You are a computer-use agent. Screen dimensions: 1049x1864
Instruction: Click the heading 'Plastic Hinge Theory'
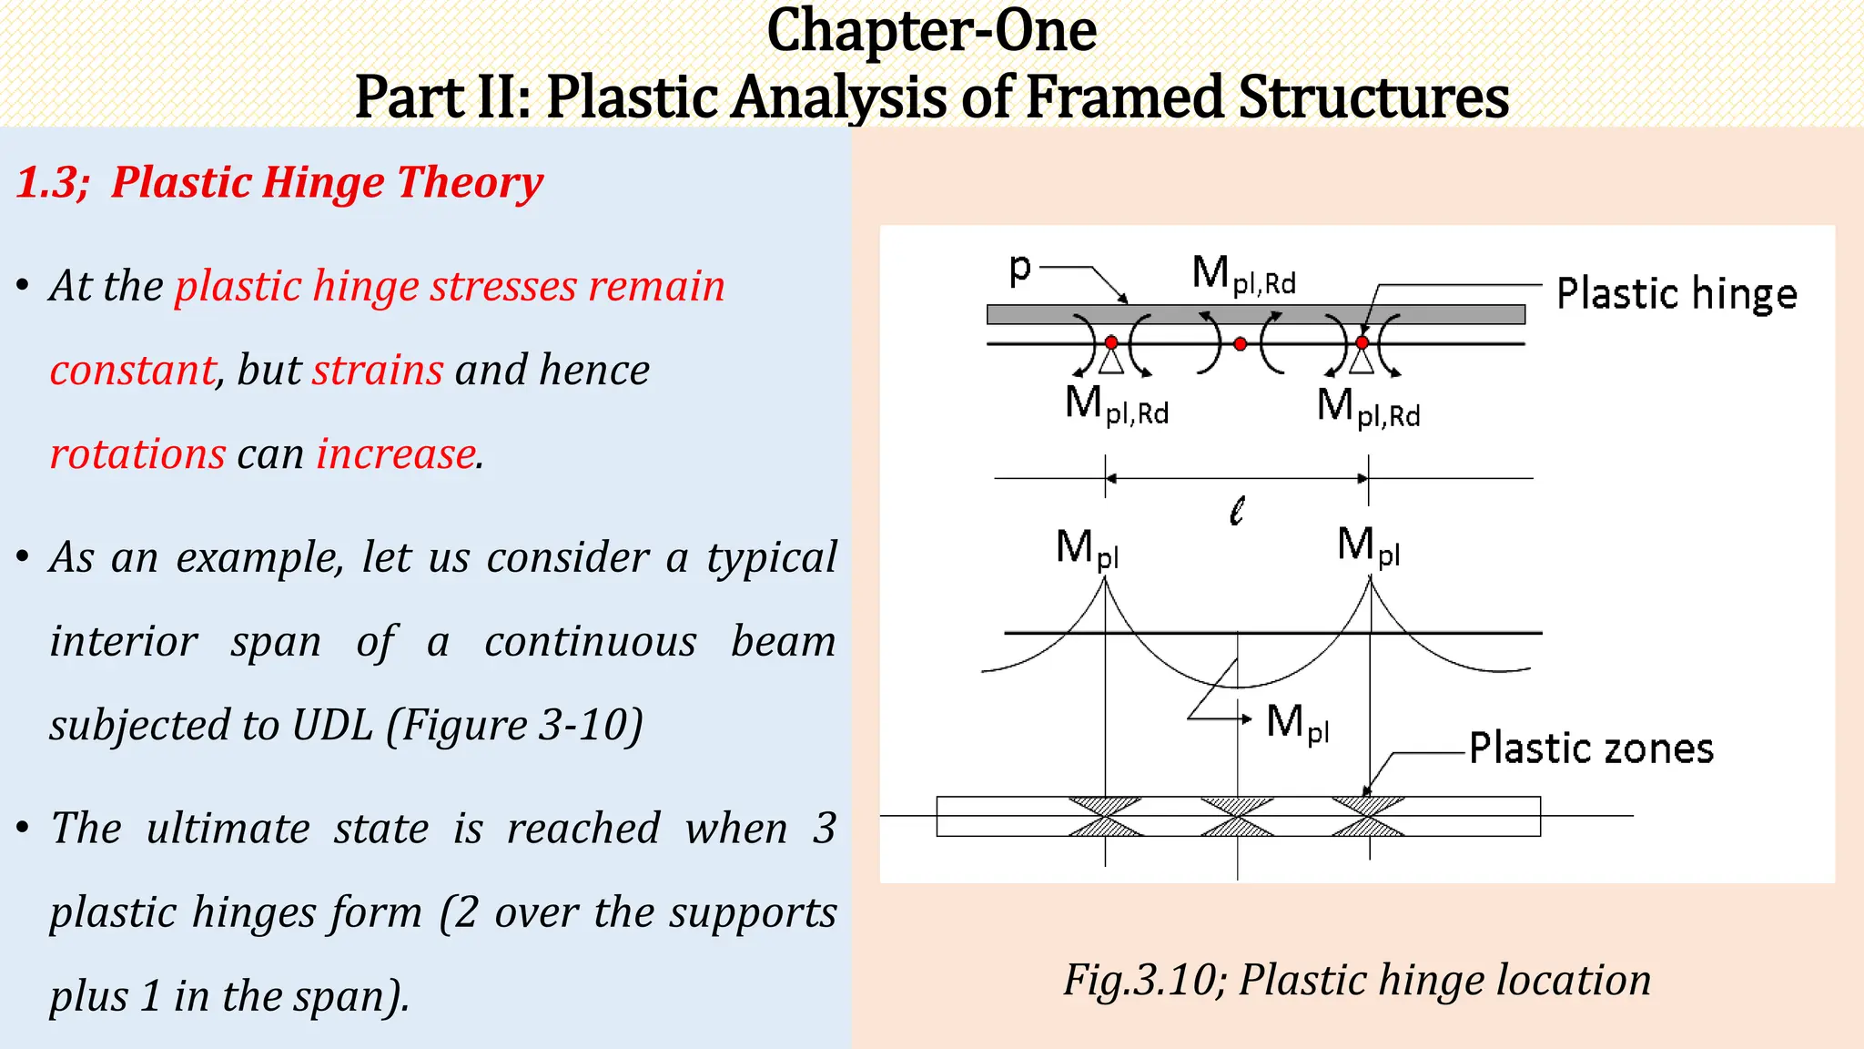pyautogui.click(x=328, y=182)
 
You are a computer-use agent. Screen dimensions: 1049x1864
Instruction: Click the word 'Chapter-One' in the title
pyautogui.click(x=931, y=31)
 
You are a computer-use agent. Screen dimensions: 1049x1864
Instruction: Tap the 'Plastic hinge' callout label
pyautogui.click(x=1677, y=294)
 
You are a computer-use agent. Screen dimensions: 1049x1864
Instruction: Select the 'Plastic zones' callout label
pyautogui.click(x=1591, y=749)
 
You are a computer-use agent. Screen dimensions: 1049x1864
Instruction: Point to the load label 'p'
pyautogui.click(x=1020, y=268)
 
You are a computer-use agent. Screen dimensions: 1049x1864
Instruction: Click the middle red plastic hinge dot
pyautogui.click(x=1240, y=344)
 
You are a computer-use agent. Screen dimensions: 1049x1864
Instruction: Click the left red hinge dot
pyautogui.click(x=1111, y=342)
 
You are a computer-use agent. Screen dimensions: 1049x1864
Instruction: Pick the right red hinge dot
pyautogui.click(x=1362, y=342)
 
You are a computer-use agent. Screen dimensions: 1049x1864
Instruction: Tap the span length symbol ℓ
pyautogui.click(x=1236, y=511)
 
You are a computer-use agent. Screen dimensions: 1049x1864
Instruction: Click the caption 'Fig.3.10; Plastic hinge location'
pyautogui.click(x=1357, y=981)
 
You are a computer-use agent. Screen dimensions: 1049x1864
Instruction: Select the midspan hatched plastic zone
pyautogui.click(x=1238, y=816)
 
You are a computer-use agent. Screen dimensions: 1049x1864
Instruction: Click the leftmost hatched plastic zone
pyautogui.click(x=1105, y=816)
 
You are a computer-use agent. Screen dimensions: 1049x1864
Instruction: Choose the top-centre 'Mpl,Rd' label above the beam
pyautogui.click(x=1243, y=274)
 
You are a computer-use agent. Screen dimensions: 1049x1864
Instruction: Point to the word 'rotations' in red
pyautogui.click(x=137, y=453)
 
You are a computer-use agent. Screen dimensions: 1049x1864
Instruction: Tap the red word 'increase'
pyautogui.click(x=396, y=453)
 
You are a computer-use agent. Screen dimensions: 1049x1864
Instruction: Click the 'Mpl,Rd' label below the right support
pyautogui.click(x=1368, y=406)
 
